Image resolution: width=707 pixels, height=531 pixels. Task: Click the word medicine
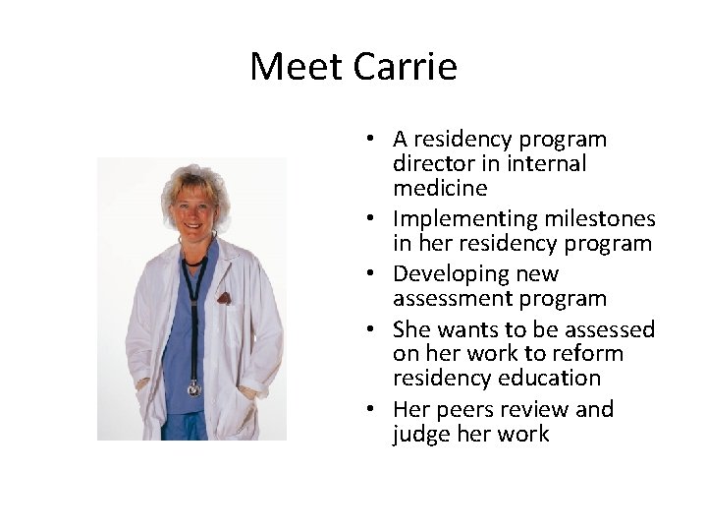click(440, 187)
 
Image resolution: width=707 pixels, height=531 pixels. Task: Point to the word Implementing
click(462, 218)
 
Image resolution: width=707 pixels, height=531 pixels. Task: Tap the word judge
click(420, 434)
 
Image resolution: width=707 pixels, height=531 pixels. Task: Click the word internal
click(546, 164)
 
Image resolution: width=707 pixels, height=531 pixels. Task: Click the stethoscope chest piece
click(192, 388)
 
